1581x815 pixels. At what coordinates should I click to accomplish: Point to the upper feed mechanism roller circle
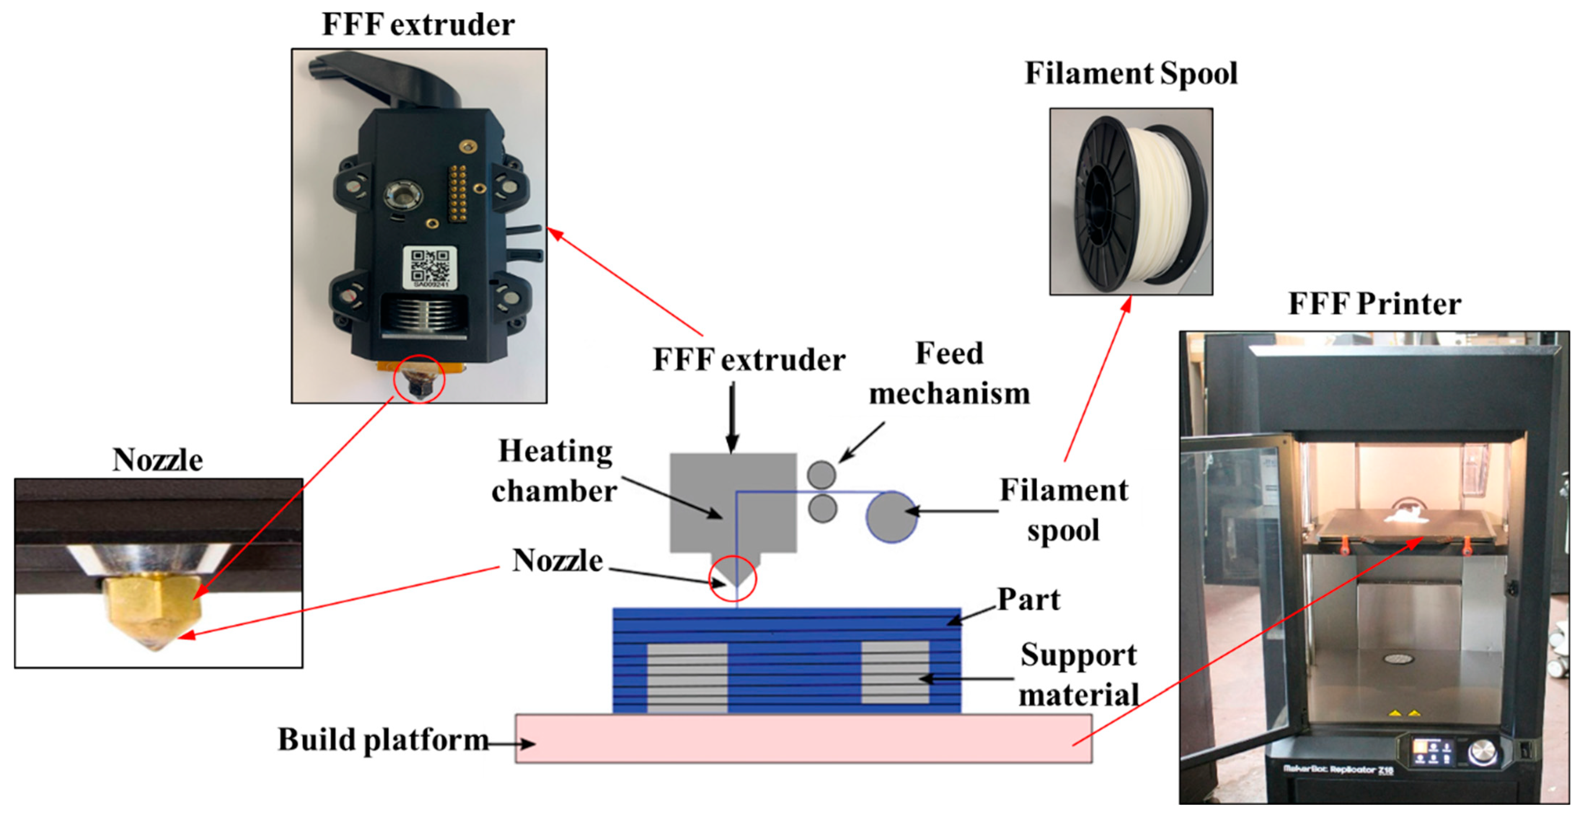(x=821, y=474)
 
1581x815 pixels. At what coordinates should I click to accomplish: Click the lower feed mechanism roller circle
(x=823, y=509)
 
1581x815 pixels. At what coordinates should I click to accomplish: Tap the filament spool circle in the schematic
(x=891, y=517)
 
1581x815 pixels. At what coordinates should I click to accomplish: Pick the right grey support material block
(x=895, y=673)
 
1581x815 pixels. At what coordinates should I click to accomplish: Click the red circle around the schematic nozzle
(x=733, y=579)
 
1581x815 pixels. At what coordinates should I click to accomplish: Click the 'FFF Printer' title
(x=1374, y=304)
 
